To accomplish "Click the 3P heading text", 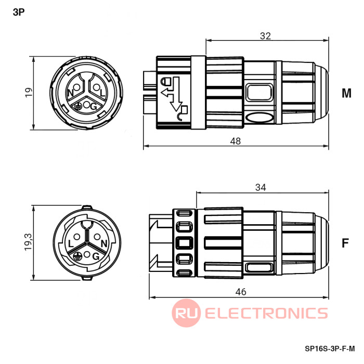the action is [19, 12].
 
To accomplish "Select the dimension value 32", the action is [265, 36].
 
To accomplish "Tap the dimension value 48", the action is [236, 141].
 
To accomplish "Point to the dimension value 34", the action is [261, 187].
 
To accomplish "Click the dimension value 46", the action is [240, 292].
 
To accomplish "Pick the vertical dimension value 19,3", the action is [28, 242].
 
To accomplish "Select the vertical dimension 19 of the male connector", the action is [29, 93].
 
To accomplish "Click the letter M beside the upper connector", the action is [346, 93].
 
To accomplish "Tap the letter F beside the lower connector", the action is [345, 243].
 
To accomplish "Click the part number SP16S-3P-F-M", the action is [330, 348].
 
